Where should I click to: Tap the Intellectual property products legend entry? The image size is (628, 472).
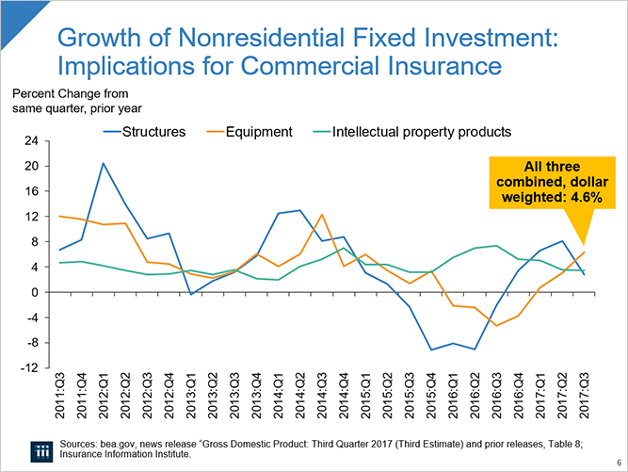422,131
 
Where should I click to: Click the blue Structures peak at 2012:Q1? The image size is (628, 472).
104,163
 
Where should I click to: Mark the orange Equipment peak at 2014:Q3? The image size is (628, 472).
322,215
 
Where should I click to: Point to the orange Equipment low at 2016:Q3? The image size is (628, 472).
496,325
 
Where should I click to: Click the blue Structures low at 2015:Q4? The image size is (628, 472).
431,350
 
